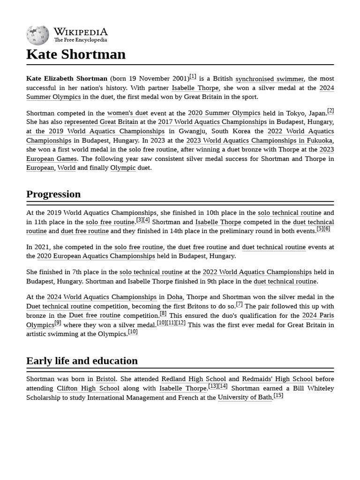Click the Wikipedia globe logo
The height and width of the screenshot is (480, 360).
[x=37, y=35]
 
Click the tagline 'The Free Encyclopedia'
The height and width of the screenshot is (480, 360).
[x=80, y=40]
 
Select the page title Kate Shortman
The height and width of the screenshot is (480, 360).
[x=76, y=54]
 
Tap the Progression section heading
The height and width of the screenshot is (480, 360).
[x=53, y=194]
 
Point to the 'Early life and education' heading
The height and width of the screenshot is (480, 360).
[x=82, y=361]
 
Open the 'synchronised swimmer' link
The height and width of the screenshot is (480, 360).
[x=270, y=79]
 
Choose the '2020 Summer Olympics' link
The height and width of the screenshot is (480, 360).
[x=224, y=113]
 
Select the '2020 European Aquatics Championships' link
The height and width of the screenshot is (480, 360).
[x=96, y=256]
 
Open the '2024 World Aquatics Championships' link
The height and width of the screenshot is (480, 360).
[x=102, y=297]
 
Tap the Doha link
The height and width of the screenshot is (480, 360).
[x=175, y=297]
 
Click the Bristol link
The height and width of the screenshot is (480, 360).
[x=106, y=379]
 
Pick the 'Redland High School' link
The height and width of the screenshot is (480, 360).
[x=194, y=379]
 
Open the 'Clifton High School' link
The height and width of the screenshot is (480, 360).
[x=88, y=389]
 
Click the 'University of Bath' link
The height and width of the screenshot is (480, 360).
[x=245, y=397]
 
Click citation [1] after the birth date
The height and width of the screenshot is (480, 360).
[x=193, y=77]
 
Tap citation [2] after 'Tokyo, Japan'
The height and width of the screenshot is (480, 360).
[x=330, y=111]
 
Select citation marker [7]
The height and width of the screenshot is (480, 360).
[x=239, y=304]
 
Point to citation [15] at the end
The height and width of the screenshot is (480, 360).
[x=278, y=396]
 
